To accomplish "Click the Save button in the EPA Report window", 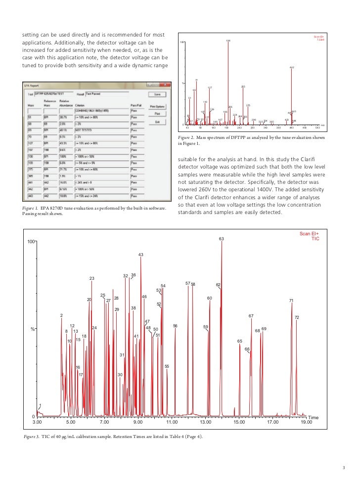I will tap(157, 94).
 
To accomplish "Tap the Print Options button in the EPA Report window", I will tap(157, 106).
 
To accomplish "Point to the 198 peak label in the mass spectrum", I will tap(227, 41).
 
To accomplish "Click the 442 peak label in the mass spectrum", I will tap(292, 67).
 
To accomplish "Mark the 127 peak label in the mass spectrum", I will tap(210, 88).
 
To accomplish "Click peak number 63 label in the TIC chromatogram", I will tap(222, 239).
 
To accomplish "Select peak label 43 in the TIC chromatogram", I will tap(141, 255).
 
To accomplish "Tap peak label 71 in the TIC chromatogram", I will tap(291, 301).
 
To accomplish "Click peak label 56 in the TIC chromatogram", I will tap(175, 326).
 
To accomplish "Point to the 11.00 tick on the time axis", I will tap(172, 423).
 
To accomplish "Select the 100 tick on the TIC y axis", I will tap(31, 242).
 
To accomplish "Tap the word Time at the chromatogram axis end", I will tap(313, 418).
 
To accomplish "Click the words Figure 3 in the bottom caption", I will tap(32, 437).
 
